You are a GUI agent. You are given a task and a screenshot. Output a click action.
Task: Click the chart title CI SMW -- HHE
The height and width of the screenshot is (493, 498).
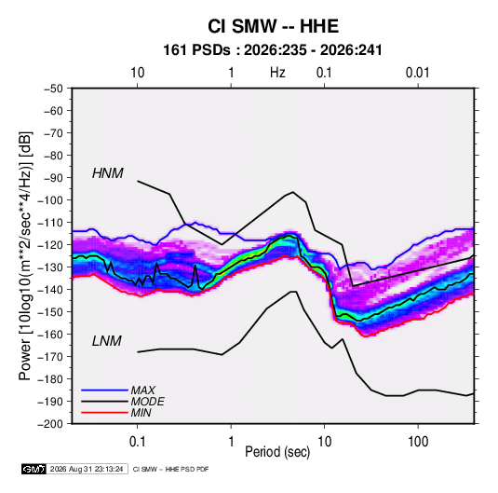click(x=273, y=26)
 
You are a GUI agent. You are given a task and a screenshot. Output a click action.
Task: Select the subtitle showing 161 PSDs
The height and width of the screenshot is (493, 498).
click(x=273, y=50)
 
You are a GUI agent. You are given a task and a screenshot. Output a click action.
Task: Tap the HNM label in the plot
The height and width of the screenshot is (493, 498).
click(x=108, y=173)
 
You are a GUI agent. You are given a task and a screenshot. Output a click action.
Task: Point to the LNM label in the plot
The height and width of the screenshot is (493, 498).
click(x=107, y=341)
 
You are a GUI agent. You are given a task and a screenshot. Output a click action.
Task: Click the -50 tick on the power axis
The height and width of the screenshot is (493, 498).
click(x=53, y=89)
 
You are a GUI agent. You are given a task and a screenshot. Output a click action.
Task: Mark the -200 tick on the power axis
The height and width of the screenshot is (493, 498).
click(x=50, y=424)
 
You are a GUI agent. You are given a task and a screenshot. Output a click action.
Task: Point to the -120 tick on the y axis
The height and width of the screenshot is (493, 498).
click(x=50, y=245)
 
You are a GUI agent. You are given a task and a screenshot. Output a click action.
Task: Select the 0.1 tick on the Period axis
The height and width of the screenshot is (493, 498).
click(x=137, y=442)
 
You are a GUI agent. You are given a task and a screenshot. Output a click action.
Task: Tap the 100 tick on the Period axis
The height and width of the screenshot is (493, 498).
click(x=418, y=442)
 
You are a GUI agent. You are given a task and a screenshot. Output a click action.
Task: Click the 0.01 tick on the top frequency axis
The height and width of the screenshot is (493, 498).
click(x=417, y=73)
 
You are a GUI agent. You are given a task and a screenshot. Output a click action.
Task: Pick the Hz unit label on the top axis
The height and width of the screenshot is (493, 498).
click(x=277, y=73)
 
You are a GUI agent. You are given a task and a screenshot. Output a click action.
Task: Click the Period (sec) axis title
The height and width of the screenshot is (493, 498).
click(x=277, y=452)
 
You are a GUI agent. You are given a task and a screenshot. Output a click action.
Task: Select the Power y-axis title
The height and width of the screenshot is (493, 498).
click(x=25, y=256)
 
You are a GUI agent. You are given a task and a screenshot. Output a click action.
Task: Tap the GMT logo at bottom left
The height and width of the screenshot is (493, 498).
click(x=34, y=469)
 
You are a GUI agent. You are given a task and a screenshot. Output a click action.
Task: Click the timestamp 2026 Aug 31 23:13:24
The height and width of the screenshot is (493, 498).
click(x=87, y=469)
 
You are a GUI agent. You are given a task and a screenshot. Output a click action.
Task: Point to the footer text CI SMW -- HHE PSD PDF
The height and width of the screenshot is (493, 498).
click(x=171, y=469)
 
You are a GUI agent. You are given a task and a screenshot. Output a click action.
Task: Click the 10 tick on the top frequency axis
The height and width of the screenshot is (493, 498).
click(x=138, y=73)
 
